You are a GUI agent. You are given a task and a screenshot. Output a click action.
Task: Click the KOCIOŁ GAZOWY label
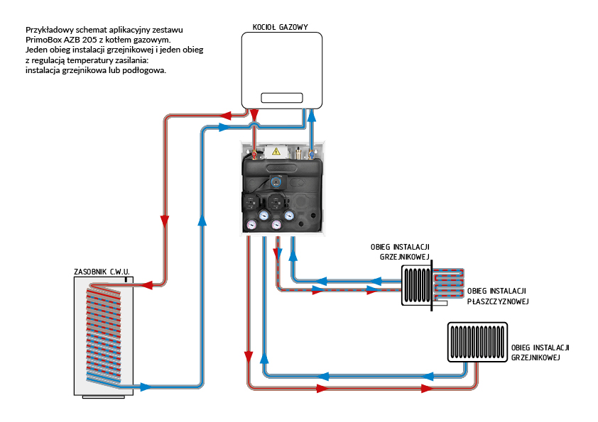280,28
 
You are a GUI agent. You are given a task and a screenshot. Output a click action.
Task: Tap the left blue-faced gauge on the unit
263,214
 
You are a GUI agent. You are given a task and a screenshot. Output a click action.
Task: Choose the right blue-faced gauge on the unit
289,214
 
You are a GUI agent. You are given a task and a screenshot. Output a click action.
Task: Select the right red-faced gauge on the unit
276,226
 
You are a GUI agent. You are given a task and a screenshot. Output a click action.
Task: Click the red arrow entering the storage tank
149,285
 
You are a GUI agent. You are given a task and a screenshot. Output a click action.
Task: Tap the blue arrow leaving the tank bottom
146,387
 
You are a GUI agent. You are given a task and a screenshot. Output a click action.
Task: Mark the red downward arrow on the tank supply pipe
165,221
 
